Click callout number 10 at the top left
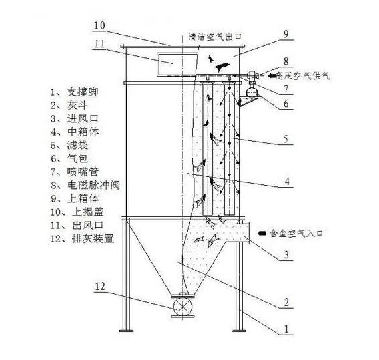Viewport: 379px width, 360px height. click(x=100, y=25)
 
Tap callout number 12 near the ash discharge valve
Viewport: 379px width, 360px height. click(x=100, y=287)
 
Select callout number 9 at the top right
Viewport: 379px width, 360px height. click(x=286, y=34)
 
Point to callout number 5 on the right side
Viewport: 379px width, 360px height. click(x=286, y=139)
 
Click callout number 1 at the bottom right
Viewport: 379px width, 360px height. click(x=286, y=329)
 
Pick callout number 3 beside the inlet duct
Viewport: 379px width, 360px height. click(x=286, y=254)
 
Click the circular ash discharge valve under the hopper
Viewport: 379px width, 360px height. click(x=183, y=306)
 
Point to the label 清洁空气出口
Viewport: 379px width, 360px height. click(x=215, y=37)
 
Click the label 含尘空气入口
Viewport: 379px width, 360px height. click(x=296, y=233)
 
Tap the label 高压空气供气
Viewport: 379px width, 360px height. click(x=302, y=76)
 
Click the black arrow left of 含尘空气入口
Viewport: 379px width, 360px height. click(x=262, y=233)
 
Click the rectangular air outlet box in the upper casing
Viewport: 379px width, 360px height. click(x=177, y=64)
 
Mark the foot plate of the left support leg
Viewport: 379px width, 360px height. click(x=126, y=331)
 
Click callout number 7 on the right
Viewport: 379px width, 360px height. click(x=286, y=89)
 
